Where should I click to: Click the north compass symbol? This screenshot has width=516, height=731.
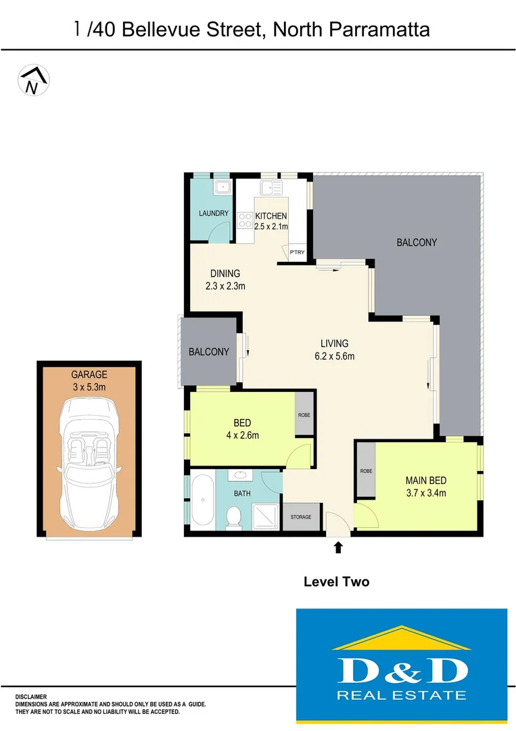click(32, 80)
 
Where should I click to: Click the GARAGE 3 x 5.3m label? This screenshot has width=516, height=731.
click(89, 380)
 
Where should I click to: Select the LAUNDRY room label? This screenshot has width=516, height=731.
click(213, 213)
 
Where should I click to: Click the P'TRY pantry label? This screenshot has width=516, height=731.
click(297, 252)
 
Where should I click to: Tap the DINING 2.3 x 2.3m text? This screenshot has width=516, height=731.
click(225, 280)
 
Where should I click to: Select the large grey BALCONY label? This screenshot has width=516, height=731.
click(417, 242)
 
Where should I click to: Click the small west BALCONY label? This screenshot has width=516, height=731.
click(208, 352)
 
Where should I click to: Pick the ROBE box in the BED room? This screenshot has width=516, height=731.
click(304, 414)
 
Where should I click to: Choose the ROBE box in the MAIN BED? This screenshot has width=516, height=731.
click(366, 470)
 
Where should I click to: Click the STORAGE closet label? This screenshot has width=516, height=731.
click(301, 517)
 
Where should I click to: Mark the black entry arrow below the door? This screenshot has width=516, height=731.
click(338, 547)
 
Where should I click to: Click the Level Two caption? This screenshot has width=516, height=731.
click(336, 581)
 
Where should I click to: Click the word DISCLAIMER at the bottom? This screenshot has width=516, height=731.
click(31, 696)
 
